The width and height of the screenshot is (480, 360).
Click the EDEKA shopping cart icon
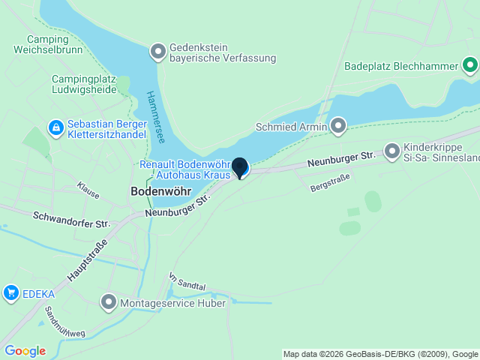point(10,292)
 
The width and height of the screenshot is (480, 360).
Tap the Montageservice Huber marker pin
point(109,303)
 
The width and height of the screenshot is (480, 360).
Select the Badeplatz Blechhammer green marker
point(470,66)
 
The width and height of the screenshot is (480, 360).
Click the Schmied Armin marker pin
point(338,126)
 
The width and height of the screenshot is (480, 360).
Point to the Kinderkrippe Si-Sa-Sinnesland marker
point(391,151)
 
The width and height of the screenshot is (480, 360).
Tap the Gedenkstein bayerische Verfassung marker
point(158,52)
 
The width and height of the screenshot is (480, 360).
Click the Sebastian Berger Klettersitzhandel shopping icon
point(55,128)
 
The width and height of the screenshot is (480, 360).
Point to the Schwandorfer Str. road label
point(72,219)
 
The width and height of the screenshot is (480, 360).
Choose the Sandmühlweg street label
point(65,321)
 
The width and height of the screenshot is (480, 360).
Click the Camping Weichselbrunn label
point(47,44)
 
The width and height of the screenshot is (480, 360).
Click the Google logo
point(25,351)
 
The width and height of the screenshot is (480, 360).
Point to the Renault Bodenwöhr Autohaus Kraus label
point(184,169)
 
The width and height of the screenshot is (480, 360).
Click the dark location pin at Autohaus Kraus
point(239,167)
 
